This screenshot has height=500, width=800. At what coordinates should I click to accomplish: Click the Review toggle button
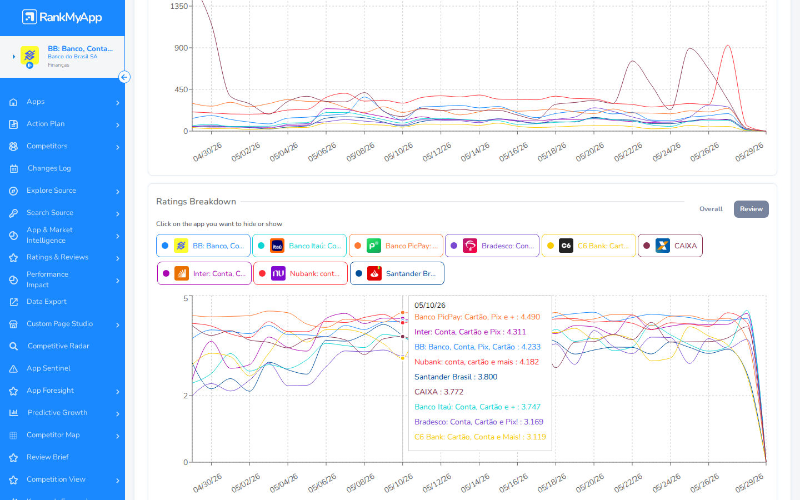751,209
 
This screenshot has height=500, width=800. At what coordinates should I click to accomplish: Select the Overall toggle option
711,209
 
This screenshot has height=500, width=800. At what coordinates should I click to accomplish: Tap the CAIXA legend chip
670,246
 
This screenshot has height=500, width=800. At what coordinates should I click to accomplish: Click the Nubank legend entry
301,273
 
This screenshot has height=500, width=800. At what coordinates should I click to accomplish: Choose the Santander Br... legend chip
397,273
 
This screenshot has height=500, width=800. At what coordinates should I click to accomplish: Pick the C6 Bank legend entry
588,246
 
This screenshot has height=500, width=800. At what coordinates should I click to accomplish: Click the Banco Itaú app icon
277,246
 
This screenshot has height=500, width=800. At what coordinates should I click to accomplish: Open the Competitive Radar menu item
58,346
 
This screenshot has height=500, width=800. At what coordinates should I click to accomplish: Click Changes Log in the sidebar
49,168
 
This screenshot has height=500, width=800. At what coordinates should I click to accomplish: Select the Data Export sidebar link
47,302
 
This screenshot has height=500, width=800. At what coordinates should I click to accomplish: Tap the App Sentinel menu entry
48,368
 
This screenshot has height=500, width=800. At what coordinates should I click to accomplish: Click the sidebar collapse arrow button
124,77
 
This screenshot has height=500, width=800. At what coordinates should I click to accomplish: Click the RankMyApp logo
62,17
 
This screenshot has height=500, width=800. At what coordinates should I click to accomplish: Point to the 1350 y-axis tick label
179,6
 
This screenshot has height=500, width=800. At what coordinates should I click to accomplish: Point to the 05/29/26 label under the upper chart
749,152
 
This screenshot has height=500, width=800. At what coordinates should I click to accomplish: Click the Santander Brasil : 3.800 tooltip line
456,377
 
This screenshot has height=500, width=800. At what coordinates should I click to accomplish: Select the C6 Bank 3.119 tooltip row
480,437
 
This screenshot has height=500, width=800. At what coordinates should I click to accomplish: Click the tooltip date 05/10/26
429,306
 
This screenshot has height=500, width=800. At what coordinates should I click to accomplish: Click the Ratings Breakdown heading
196,202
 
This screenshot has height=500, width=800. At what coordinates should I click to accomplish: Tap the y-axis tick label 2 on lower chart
186,396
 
